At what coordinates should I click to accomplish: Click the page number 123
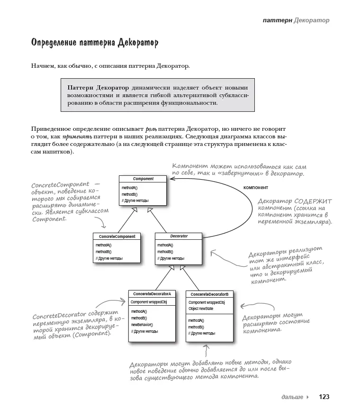pos(324,397)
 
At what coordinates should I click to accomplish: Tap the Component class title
pos(143,179)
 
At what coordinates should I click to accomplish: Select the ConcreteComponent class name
pos(117,236)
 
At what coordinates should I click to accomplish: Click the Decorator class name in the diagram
pos(179,236)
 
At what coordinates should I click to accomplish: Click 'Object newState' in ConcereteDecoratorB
pos(201,309)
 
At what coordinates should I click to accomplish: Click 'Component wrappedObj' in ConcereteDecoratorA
pos(149,302)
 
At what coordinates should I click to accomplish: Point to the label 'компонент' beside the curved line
pos(255,187)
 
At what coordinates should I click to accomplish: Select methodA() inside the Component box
pos(129,188)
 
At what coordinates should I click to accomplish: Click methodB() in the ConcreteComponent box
pos(103,252)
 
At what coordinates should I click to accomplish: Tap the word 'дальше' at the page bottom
pos(292,397)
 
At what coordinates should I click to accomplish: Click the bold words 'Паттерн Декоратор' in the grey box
pos(98,88)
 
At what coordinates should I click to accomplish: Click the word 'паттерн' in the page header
pos(277,20)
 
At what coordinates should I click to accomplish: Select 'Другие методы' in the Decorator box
pos(172,259)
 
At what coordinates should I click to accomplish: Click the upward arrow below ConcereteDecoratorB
pos(207,351)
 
